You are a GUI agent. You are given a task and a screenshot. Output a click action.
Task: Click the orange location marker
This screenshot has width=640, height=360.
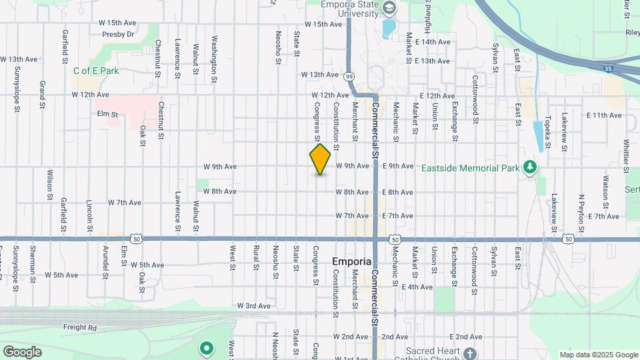click(x=320, y=159)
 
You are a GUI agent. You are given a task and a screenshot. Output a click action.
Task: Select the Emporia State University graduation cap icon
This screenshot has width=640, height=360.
click(x=389, y=8)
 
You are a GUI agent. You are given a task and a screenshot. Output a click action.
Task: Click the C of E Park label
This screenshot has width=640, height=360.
click(x=96, y=71)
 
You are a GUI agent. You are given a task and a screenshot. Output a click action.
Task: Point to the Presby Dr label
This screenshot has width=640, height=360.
click(x=118, y=34)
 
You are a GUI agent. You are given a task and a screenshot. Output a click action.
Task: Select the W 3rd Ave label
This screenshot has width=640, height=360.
click(x=253, y=305)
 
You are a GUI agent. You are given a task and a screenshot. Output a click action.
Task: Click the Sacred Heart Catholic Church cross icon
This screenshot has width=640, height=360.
click(x=470, y=353)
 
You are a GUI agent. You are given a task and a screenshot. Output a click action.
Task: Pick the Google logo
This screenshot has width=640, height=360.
click(x=22, y=352)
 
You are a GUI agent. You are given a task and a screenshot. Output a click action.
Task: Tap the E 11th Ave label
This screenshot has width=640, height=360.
click(x=604, y=115)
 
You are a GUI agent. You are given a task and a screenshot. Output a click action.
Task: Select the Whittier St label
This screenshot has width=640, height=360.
click(x=627, y=154)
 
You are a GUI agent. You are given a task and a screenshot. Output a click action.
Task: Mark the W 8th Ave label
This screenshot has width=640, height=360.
click(x=220, y=191)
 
